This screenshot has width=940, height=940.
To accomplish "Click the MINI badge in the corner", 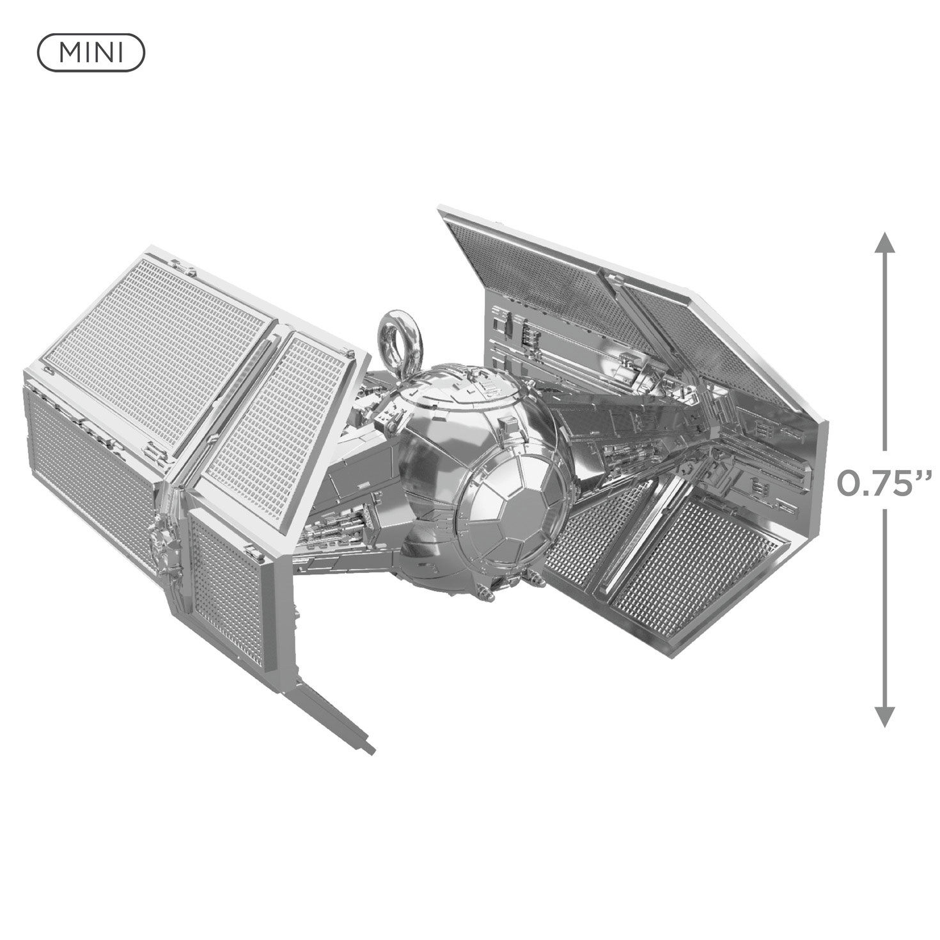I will coord(91,52).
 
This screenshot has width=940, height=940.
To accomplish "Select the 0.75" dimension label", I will coord(886,485).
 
